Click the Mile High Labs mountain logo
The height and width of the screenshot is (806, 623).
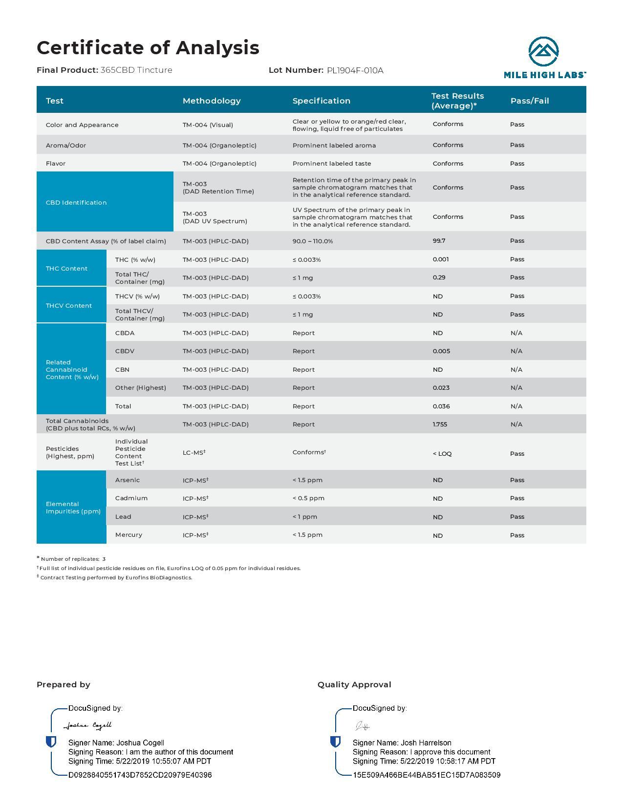543,51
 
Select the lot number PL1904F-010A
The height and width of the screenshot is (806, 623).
355,70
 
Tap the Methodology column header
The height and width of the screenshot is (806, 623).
212,101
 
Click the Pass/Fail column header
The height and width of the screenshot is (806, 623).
530,101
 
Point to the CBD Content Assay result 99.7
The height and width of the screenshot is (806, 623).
439,241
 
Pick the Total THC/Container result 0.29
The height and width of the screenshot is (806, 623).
439,277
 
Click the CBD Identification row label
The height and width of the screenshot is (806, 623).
76,202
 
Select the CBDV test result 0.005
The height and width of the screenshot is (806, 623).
441,351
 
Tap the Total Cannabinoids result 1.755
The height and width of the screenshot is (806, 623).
440,424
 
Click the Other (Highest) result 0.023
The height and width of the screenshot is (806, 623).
441,387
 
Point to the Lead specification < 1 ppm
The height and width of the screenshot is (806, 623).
305,516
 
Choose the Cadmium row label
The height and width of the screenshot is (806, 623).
131,498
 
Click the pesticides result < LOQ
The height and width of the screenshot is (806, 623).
442,453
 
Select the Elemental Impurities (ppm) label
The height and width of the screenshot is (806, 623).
73,508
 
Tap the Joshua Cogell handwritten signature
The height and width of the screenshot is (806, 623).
88,725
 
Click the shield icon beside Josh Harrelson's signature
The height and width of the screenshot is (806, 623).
335,742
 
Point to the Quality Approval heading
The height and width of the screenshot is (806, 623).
354,684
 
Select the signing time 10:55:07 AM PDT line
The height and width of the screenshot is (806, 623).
140,761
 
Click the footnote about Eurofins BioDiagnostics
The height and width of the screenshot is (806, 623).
116,577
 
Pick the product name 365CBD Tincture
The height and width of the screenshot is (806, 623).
136,70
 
